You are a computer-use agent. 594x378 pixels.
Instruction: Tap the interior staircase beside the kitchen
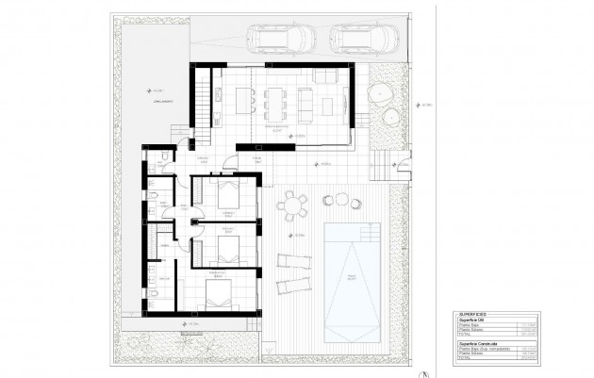[202, 93]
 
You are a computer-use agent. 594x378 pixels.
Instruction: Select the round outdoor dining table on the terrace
[292, 204]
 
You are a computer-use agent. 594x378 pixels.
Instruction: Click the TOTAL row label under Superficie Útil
[464, 336]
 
